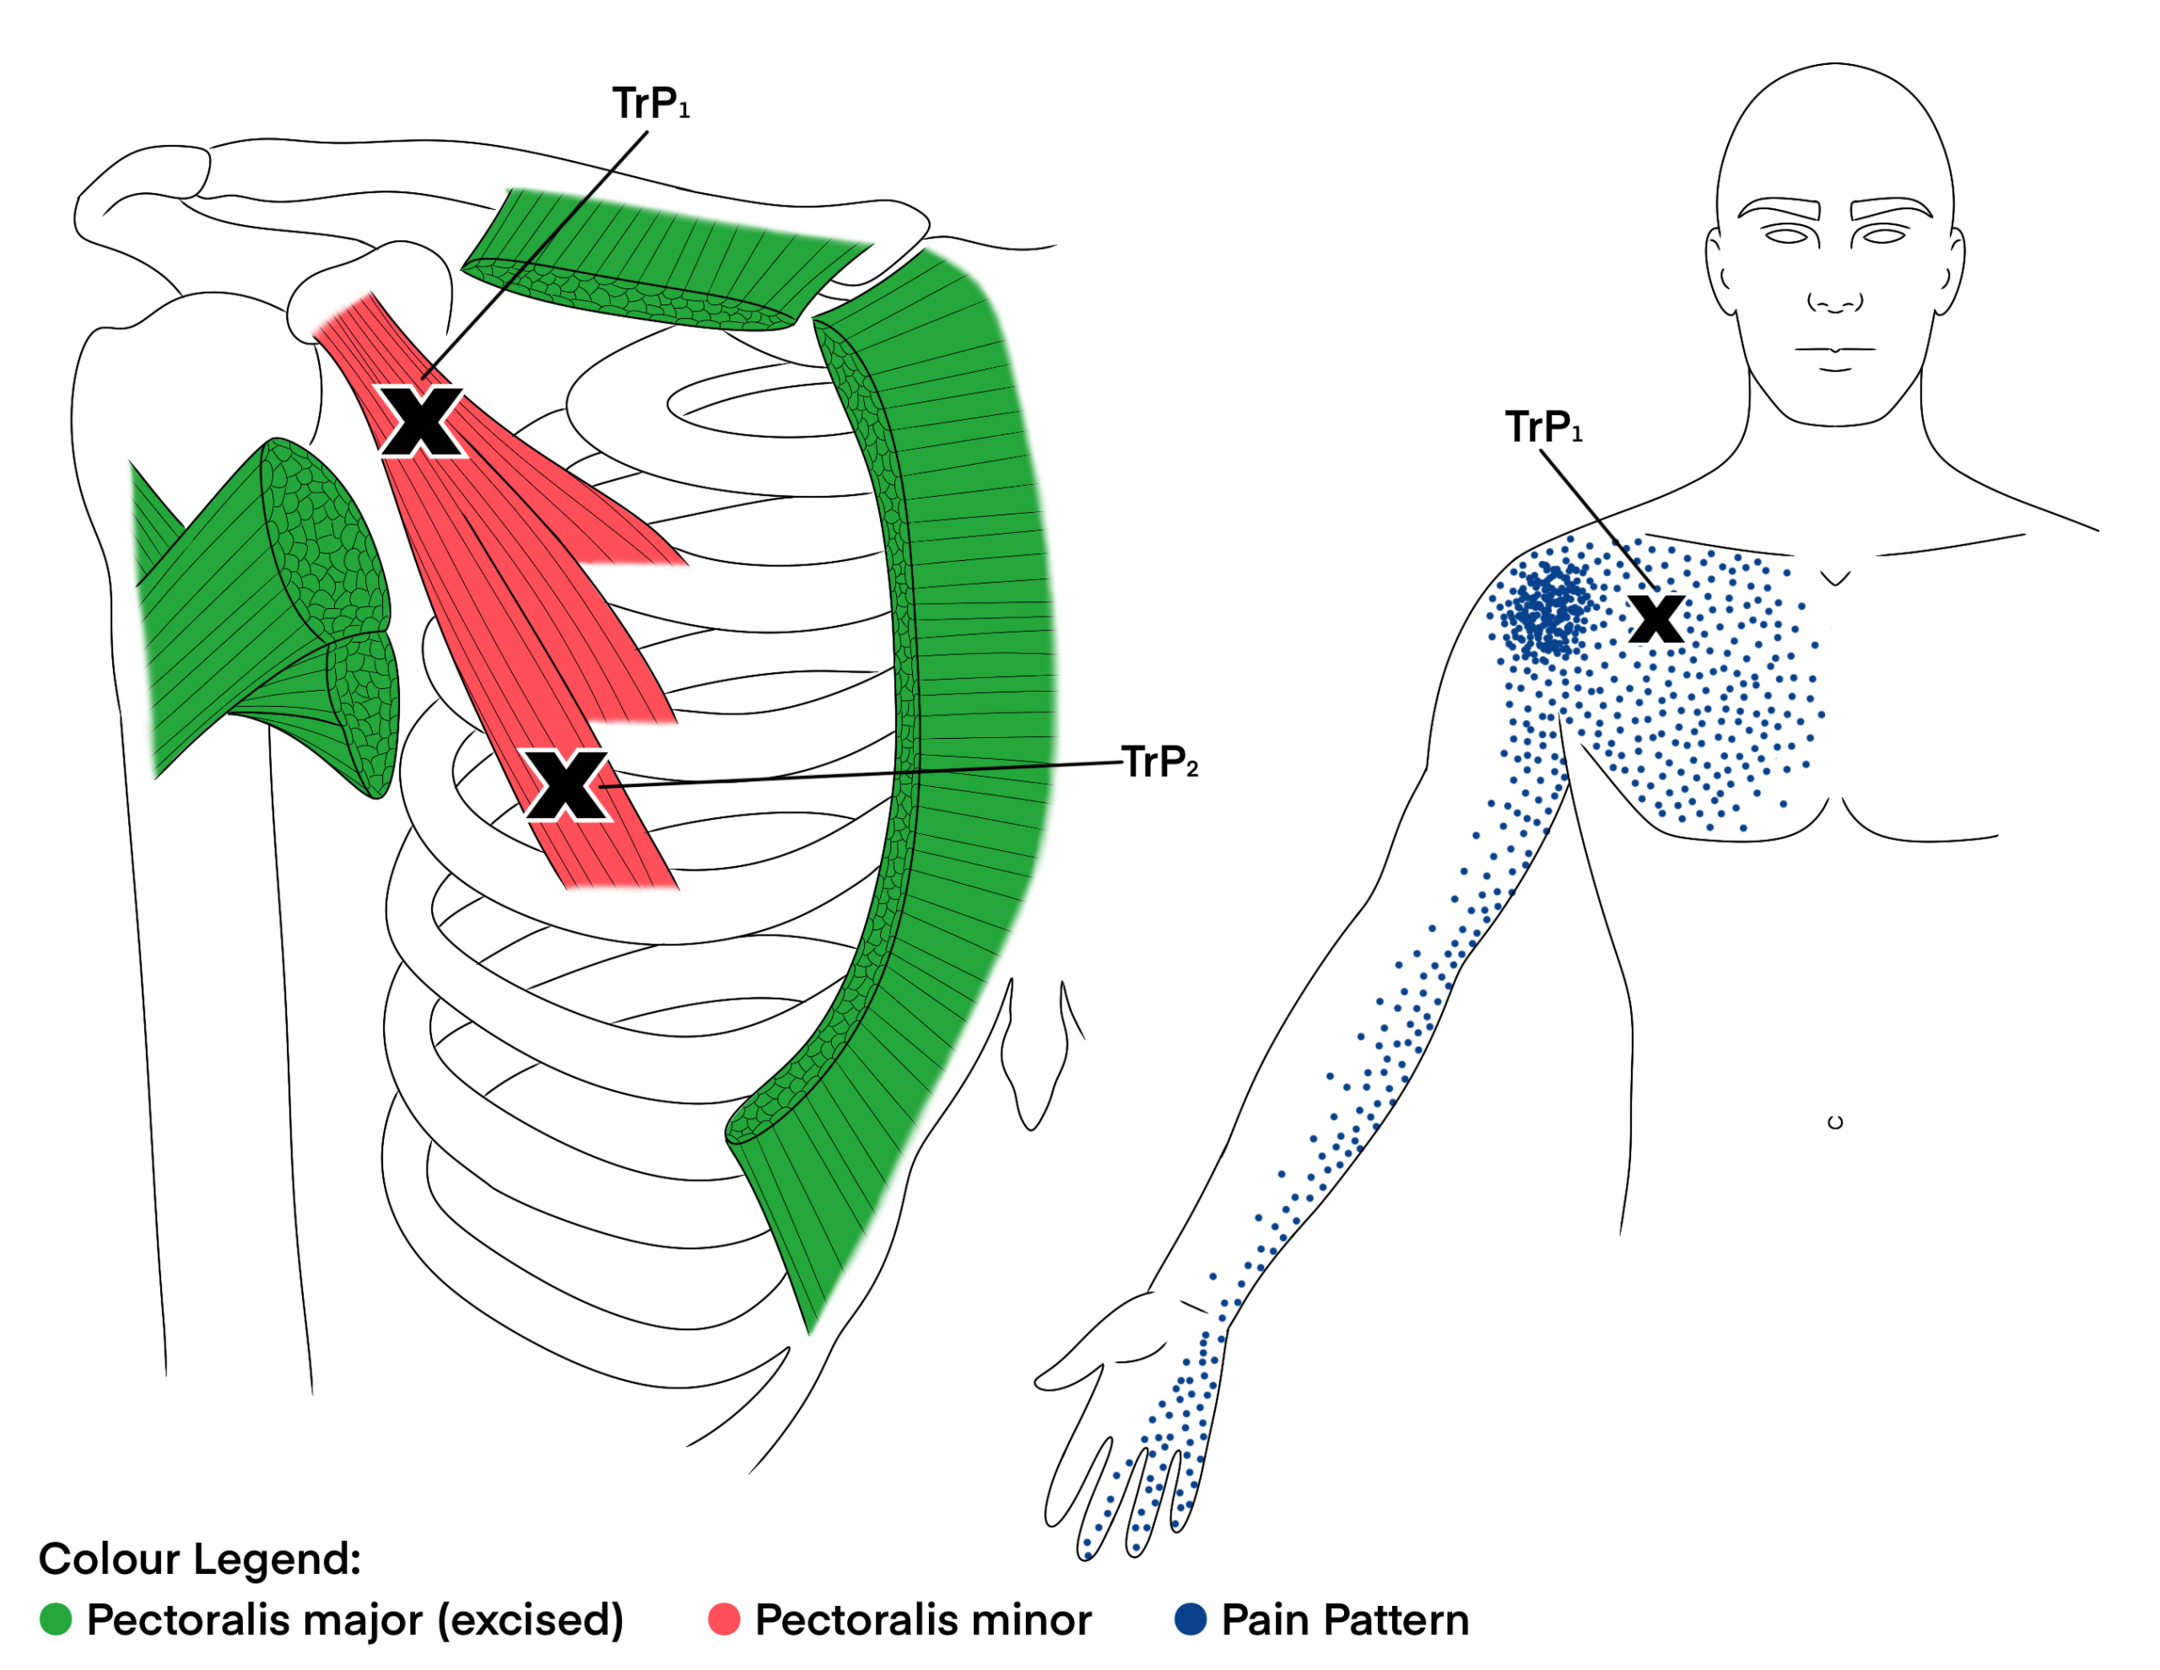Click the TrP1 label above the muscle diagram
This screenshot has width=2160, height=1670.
[651, 104]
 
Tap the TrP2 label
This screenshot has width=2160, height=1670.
[1160, 762]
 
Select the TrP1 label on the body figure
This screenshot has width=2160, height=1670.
[1544, 427]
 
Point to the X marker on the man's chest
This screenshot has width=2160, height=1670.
[1656, 619]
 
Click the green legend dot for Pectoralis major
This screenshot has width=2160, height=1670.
[56, 1619]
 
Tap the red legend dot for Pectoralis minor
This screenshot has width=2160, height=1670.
[724, 1619]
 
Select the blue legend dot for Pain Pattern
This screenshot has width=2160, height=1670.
[1190, 1619]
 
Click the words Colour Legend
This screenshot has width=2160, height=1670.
[200, 1560]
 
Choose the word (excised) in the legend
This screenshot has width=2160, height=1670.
[531, 1620]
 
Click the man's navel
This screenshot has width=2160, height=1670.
[1834, 1123]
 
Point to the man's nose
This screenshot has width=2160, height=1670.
[1834, 297]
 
